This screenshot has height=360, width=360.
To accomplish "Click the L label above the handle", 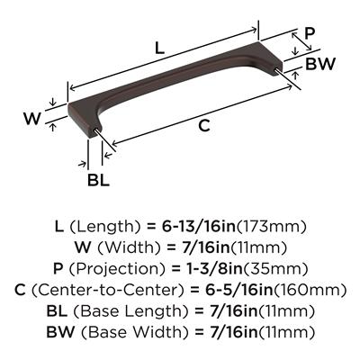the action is click(x=159, y=48).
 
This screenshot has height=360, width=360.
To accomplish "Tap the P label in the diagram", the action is click(x=310, y=33).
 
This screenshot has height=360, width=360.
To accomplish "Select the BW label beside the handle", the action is click(x=319, y=64).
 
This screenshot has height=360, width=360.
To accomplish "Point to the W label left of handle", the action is click(x=32, y=119).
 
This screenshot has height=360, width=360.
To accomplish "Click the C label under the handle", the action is click(x=204, y=125).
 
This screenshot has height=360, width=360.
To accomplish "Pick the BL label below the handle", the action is click(x=98, y=180).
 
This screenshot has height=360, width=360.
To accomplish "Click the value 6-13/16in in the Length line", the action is click(x=199, y=227).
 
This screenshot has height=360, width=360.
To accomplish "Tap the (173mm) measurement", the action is click(x=272, y=227).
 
